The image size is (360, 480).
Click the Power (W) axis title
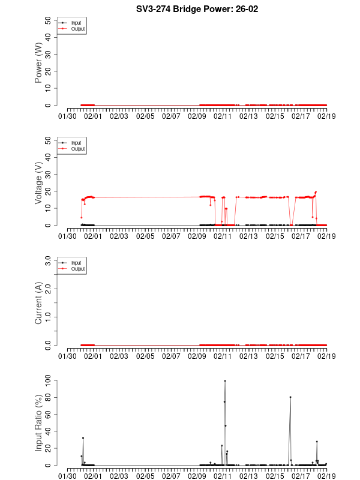click(x=38, y=63)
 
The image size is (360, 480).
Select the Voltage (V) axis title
click(x=38, y=182)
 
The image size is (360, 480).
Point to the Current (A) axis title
click(x=38, y=303)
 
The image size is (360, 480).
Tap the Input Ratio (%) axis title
click(x=38, y=423)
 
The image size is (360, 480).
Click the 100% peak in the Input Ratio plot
click(x=225, y=380)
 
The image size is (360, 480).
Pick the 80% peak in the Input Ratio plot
click(x=290, y=397)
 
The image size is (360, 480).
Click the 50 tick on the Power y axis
click(x=47, y=20)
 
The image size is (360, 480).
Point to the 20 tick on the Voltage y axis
click(x=47, y=191)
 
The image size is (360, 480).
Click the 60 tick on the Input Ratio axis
click(x=47, y=414)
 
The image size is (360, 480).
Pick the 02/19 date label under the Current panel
click(x=326, y=356)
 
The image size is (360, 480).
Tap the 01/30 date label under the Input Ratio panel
click(x=67, y=476)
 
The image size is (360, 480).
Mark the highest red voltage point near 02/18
click(x=316, y=192)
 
